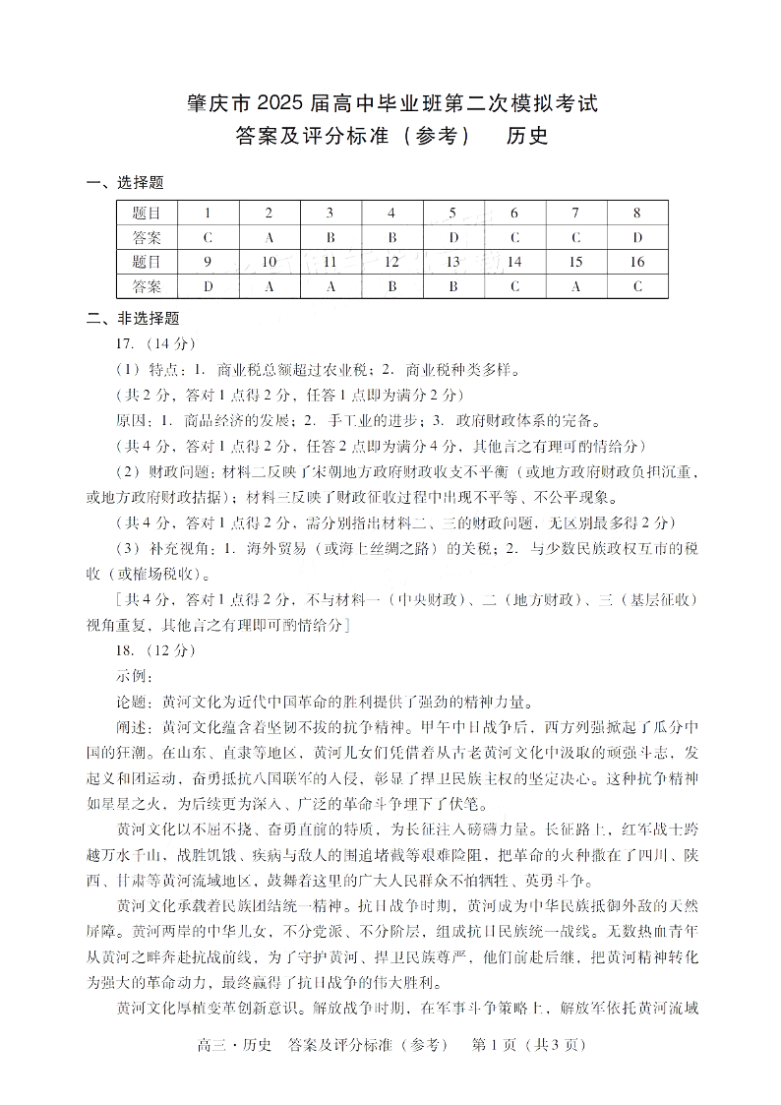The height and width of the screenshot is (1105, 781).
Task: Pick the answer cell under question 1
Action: (x=208, y=237)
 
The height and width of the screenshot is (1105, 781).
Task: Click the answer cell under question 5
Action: (x=452, y=237)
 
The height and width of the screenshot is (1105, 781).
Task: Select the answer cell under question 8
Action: (x=637, y=237)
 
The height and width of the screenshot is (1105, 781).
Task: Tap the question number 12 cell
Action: (x=391, y=262)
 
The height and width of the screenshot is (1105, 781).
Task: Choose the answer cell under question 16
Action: (x=637, y=286)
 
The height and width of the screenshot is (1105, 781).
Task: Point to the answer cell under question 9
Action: (x=208, y=286)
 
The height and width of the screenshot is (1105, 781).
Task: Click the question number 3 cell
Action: (x=330, y=213)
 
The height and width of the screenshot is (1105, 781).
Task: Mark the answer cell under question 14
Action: (x=514, y=286)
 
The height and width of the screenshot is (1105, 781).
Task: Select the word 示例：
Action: (x=136, y=676)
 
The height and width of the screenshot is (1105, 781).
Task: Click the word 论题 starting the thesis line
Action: (x=131, y=702)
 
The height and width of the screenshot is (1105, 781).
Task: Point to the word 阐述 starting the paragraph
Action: (x=131, y=727)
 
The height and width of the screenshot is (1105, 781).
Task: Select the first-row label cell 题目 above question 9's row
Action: (x=147, y=213)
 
